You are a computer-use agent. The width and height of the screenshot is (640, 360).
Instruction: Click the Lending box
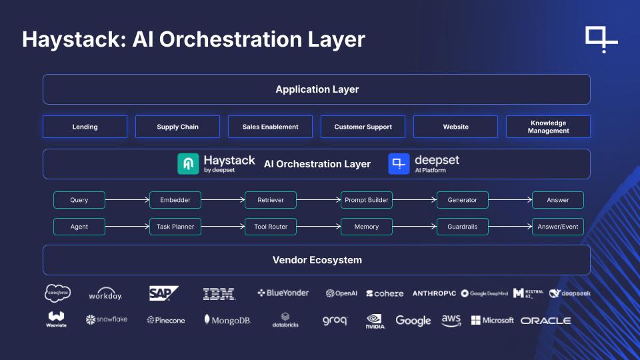click(x=85, y=127)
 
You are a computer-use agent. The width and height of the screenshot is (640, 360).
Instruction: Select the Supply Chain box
click(x=177, y=127)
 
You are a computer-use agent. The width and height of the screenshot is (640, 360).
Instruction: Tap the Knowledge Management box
click(x=548, y=127)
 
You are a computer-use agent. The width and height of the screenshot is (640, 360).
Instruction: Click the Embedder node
click(x=175, y=200)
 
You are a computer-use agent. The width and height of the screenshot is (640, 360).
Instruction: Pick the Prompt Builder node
click(x=366, y=200)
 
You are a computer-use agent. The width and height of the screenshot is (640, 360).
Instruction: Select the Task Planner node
click(x=175, y=227)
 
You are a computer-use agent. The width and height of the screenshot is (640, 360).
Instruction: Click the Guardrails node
click(x=462, y=227)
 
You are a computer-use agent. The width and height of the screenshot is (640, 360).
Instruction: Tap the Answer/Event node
click(x=557, y=227)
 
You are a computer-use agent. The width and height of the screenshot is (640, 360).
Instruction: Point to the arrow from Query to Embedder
click(x=127, y=200)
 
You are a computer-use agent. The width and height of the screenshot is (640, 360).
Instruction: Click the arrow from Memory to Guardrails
click(x=414, y=227)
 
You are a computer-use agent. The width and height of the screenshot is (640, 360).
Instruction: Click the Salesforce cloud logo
click(x=58, y=293)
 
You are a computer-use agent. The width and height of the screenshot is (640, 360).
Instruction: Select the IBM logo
click(x=219, y=293)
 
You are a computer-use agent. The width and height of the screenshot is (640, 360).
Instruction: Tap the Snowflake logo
click(x=107, y=320)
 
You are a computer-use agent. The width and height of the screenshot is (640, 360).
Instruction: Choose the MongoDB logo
click(x=227, y=320)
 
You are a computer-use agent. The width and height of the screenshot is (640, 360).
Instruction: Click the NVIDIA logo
click(x=375, y=321)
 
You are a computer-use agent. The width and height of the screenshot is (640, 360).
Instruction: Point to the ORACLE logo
click(x=545, y=321)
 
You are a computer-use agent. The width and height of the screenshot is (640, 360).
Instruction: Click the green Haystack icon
click(x=188, y=164)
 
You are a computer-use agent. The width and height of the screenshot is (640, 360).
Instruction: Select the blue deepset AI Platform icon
click(x=399, y=164)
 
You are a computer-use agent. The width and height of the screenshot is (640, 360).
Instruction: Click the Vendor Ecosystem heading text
click(x=317, y=260)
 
